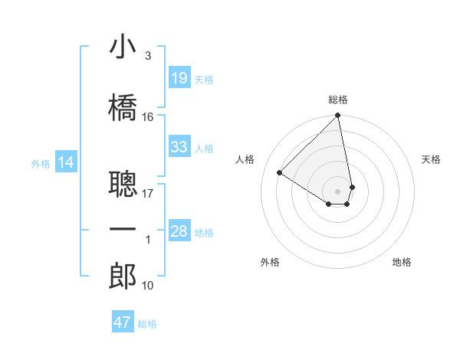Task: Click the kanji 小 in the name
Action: [123, 47]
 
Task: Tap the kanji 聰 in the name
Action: [123, 183]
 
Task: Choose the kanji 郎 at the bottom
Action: [123, 277]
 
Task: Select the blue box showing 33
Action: [179, 146]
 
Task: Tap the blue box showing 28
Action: [179, 231]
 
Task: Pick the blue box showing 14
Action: [66, 162]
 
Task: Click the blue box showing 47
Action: [123, 322]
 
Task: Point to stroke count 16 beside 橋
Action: [148, 116]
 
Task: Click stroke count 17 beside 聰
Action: [148, 193]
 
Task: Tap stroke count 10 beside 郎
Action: [148, 286]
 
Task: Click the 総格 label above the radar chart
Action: [338, 100]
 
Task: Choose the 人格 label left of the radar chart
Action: [245, 159]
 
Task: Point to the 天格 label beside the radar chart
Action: [432, 159]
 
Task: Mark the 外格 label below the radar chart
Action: [270, 262]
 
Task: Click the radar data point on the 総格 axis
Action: [338, 116]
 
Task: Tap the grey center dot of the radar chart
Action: [338, 191]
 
